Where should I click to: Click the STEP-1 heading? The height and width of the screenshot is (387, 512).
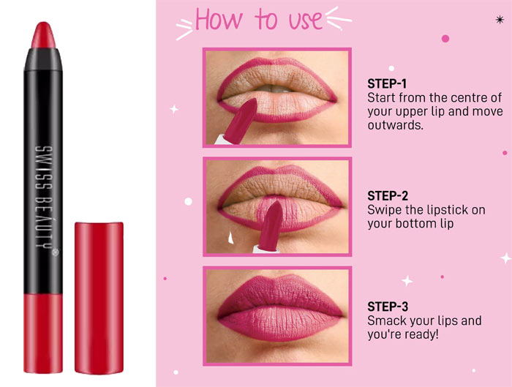pos(387,84)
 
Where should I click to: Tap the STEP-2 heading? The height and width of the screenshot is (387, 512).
pos(388,196)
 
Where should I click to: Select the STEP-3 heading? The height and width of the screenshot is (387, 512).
pos(388,307)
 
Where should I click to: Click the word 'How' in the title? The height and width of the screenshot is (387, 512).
pos(219,20)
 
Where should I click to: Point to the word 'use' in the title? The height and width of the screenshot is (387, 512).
pos(305,20)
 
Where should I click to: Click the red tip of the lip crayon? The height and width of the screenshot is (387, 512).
pos(43,35)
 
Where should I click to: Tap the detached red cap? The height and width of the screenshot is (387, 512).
pos(99,298)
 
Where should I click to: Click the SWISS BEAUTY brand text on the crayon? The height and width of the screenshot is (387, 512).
pos(45,198)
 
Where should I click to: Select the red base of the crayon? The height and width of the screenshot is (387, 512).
pos(43,333)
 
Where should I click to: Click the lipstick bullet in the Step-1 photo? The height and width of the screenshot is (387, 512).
pos(241,121)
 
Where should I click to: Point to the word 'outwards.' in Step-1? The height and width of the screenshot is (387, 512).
pos(396,125)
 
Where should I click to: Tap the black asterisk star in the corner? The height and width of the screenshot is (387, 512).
pos(500,20)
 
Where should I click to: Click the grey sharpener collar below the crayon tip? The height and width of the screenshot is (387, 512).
pos(43,60)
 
